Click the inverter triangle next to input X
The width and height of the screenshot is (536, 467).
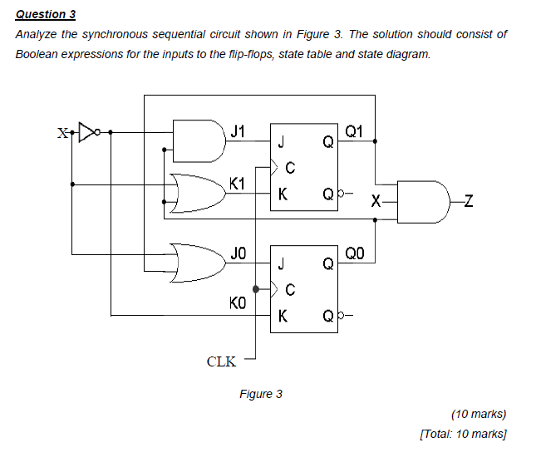[x=86, y=131]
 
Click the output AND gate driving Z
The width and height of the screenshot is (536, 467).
[x=425, y=201]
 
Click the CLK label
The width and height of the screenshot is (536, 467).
[x=221, y=361]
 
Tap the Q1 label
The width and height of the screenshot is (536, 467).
[x=353, y=130]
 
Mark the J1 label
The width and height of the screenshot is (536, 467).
[x=238, y=130]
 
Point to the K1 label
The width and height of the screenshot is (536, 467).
[x=238, y=183]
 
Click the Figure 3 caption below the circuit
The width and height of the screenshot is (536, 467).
[x=260, y=393]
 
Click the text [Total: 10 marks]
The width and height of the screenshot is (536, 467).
[x=464, y=433]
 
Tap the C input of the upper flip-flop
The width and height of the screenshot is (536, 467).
[x=289, y=169]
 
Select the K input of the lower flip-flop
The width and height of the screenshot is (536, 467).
[x=283, y=316]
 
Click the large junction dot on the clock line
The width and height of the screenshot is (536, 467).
[x=257, y=290]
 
